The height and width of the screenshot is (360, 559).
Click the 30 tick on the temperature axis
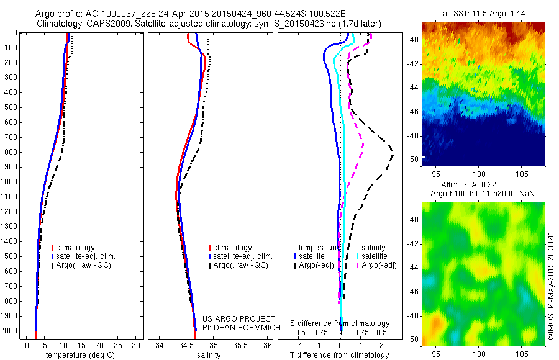137,345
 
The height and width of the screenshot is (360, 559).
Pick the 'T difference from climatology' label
340,355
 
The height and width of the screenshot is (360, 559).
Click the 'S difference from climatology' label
340,324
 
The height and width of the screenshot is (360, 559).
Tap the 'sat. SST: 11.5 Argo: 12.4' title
483,12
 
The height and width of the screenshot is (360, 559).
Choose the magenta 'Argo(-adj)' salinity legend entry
379,265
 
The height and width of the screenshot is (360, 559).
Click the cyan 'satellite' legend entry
375,256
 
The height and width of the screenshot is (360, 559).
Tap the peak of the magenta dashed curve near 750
363,145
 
